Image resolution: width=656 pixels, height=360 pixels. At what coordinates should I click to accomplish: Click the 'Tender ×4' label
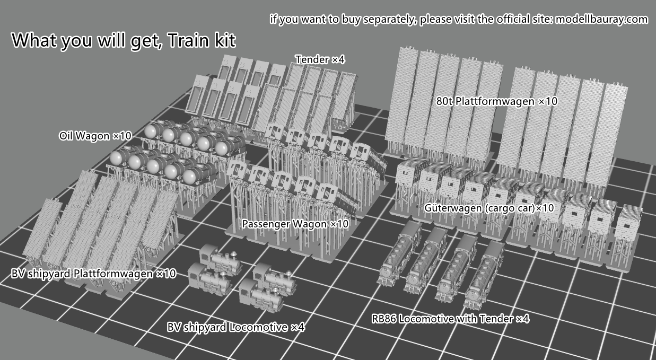tap(320, 59)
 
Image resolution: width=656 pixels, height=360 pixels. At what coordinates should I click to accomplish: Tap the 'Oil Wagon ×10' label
tap(95, 136)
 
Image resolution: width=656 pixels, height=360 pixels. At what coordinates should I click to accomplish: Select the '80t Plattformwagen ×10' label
tap(497, 101)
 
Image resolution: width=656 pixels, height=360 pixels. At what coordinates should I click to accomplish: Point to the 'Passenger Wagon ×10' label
tap(295, 224)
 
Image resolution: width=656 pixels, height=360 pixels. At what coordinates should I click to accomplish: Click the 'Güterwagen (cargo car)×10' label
tap(489, 208)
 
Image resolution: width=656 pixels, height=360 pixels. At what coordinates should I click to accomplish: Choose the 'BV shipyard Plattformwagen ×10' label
tap(93, 274)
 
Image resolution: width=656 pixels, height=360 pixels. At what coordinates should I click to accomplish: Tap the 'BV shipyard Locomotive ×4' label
tap(235, 327)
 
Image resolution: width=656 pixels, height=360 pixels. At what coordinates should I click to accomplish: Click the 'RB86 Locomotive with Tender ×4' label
tap(450, 319)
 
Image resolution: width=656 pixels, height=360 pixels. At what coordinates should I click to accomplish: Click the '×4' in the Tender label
tap(338, 59)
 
